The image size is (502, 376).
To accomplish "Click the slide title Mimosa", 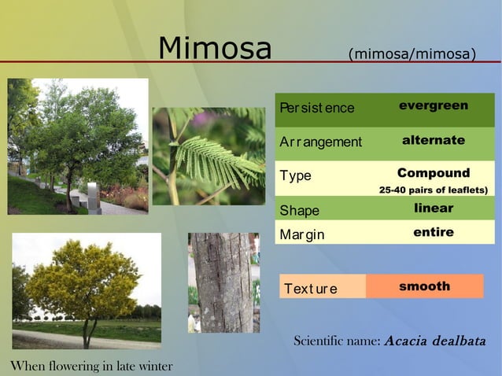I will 214,49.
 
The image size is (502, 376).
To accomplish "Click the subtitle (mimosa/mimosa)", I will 412,54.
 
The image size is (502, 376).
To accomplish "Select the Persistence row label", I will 316,108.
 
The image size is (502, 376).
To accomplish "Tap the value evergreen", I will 434,105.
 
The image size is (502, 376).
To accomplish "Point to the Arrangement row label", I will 320,142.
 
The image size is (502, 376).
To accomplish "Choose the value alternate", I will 434,140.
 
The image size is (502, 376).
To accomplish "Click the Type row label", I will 296,176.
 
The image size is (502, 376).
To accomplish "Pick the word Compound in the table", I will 434,173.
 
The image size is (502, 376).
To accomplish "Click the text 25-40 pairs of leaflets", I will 434,190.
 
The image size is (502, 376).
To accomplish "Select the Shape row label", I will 300,211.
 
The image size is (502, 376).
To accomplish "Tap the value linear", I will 434,208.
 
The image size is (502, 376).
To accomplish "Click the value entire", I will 434,232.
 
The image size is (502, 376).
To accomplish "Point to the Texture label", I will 311,289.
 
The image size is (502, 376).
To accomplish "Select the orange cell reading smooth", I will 425,286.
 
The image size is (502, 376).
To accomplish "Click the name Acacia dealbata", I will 435,341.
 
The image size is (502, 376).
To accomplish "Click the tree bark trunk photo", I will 223,282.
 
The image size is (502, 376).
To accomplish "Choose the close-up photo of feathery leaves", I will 209,157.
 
